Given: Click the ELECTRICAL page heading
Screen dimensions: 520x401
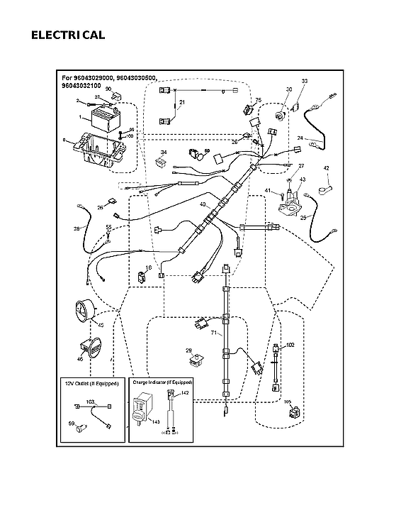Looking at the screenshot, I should (x=68, y=35).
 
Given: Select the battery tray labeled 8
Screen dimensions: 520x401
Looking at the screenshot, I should (x=99, y=150).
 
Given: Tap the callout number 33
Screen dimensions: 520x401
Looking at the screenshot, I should (x=305, y=82).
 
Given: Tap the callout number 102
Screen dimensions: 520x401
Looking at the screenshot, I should (x=289, y=345).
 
